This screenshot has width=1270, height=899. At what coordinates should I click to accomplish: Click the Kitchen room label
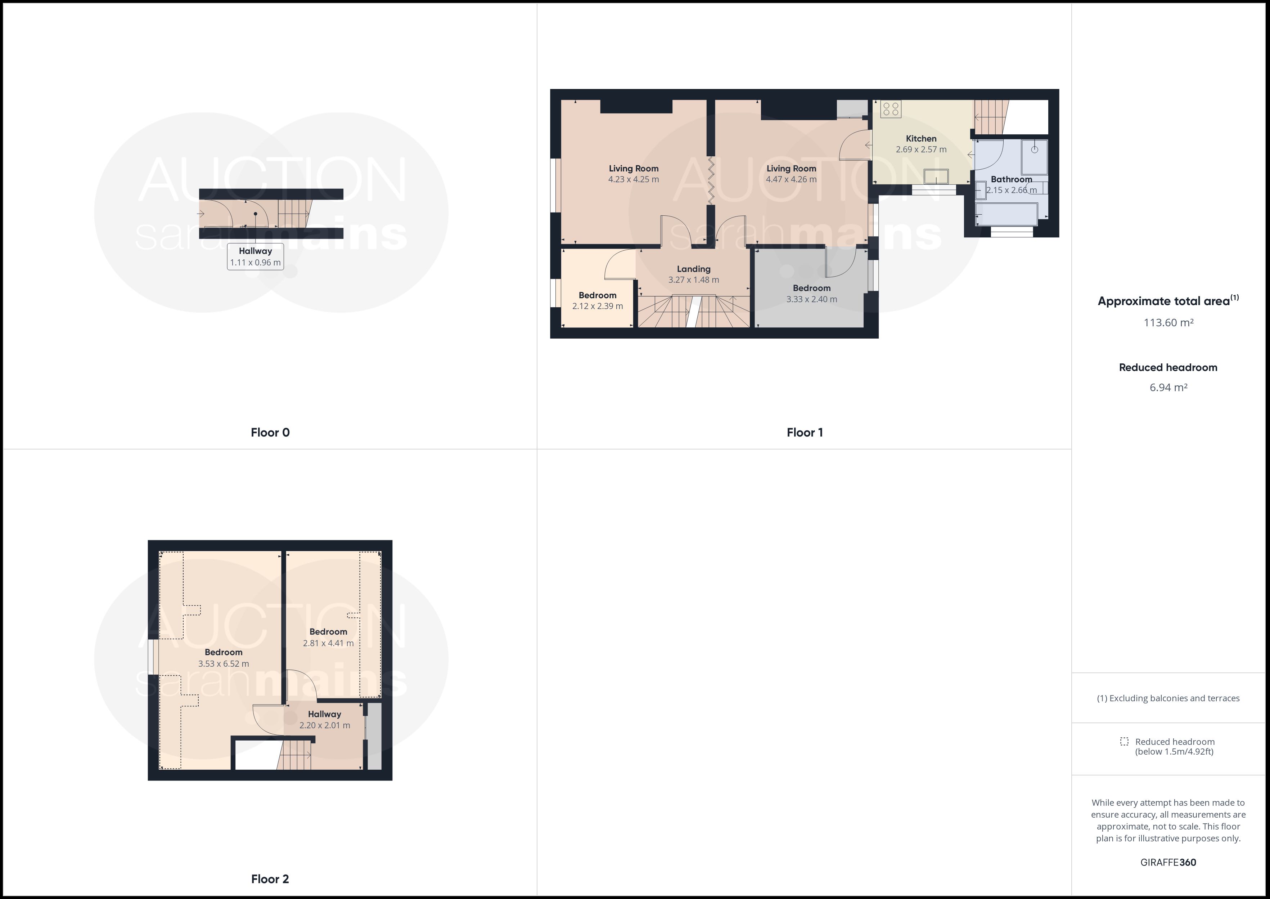(x=921, y=138)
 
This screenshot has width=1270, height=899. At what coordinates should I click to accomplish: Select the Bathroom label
(x=1011, y=179)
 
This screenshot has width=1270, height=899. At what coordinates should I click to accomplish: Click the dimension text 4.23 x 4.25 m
(x=633, y=179)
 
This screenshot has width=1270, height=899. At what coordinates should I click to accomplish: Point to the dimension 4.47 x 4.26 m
(x=791, y=179)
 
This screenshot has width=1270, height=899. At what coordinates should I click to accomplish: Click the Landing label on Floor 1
(x=694, y=269)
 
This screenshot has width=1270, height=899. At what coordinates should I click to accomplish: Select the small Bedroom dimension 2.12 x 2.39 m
(x=598, y=306)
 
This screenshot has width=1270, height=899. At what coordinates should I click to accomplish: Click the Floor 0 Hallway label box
(x=256, y=256)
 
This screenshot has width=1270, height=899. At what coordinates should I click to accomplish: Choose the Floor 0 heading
(x=270, y=432)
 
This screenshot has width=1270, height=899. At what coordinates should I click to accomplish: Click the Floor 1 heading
(x=805, y=432)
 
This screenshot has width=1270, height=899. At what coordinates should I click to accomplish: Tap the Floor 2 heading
(x=270, y=879)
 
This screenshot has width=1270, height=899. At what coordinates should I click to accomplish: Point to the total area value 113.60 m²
(x=1168, y=323)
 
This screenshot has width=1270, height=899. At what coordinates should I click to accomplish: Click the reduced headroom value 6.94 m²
(x=1168, y=388)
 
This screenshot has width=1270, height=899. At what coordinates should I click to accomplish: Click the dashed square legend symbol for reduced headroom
(x=1124, y=741)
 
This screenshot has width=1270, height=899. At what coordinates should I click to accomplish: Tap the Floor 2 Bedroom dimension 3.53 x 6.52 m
(x=224, y=664)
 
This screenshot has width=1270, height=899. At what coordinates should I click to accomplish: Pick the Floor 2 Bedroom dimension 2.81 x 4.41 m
(x=328, y=643)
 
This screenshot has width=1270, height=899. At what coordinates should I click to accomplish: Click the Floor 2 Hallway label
(x=325, y=714)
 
